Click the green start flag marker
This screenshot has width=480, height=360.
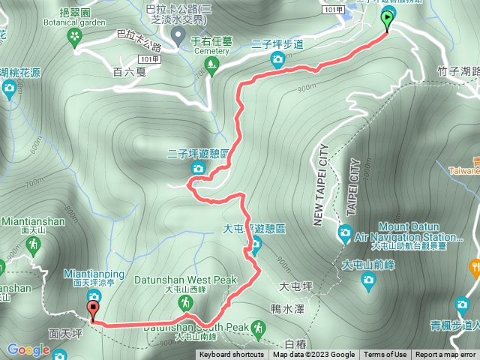pos(387,19)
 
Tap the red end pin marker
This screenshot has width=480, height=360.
pos(93,308)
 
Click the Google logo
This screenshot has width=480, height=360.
pos(28,349)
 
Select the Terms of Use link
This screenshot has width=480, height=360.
pos(385,355)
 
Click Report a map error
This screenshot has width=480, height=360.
pos(446,355)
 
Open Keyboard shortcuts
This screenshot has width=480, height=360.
pos(231,355)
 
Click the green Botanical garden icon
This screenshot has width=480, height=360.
pos(74,35)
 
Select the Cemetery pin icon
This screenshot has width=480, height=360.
pos(178,35)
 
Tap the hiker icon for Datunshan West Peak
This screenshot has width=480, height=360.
pos(184,301)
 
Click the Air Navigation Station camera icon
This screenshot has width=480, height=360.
pos(345,232)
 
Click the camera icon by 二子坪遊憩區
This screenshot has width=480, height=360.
pos(198,168)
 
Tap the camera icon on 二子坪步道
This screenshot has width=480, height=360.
pos(279,60)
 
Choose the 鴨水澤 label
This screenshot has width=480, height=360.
pos(288,308)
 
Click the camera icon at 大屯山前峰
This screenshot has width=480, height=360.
pos(367,280)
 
